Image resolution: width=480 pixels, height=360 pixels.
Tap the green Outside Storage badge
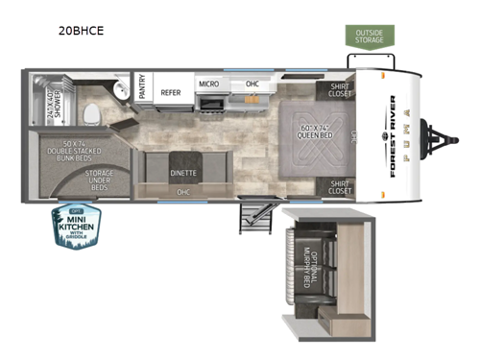pyautogui.click(x=370, y=36)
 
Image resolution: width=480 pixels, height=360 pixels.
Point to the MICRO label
pyautogui.click(x=208, y=84)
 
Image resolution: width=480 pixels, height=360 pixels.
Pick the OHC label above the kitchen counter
pyautogui.click(x=252, y=84)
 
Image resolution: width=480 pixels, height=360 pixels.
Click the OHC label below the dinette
pyautogui.click(x=182, y=191)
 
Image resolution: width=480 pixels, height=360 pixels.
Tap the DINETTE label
pyautogui.click(x=183, y=173)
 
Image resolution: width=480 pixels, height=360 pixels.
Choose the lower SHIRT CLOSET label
pyautogui.click(x=341, y=186)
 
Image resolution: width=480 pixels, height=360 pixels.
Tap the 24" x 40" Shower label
pyautogui.click(x=52, y=99)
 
